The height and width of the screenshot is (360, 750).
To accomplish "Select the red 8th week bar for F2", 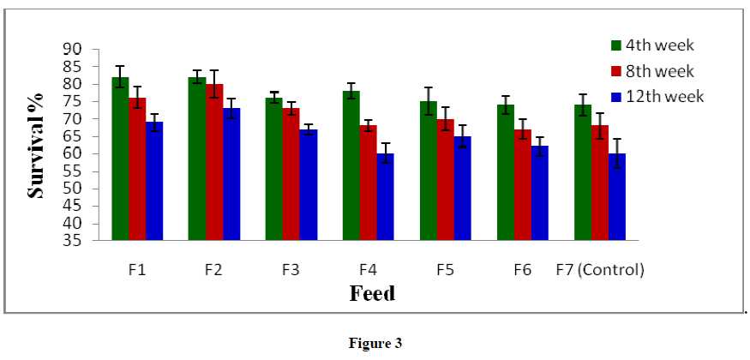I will [213, 162].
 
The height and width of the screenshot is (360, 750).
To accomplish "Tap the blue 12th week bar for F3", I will [308, 184].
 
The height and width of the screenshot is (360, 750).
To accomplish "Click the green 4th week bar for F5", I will [428, 171].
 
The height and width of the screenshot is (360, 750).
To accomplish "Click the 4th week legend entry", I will [657, 45].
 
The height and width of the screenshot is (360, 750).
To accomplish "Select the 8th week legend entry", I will [657, 71].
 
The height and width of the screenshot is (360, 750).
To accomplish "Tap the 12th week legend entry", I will [660, 97].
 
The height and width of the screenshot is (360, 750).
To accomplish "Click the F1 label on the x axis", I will [136, 270].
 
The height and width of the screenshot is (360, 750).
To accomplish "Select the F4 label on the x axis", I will [368, 270].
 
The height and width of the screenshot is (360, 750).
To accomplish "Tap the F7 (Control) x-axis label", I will [599, 270].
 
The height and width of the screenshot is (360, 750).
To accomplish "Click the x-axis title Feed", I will [372, 294].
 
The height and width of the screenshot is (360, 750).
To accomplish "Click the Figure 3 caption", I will [375, 343].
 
